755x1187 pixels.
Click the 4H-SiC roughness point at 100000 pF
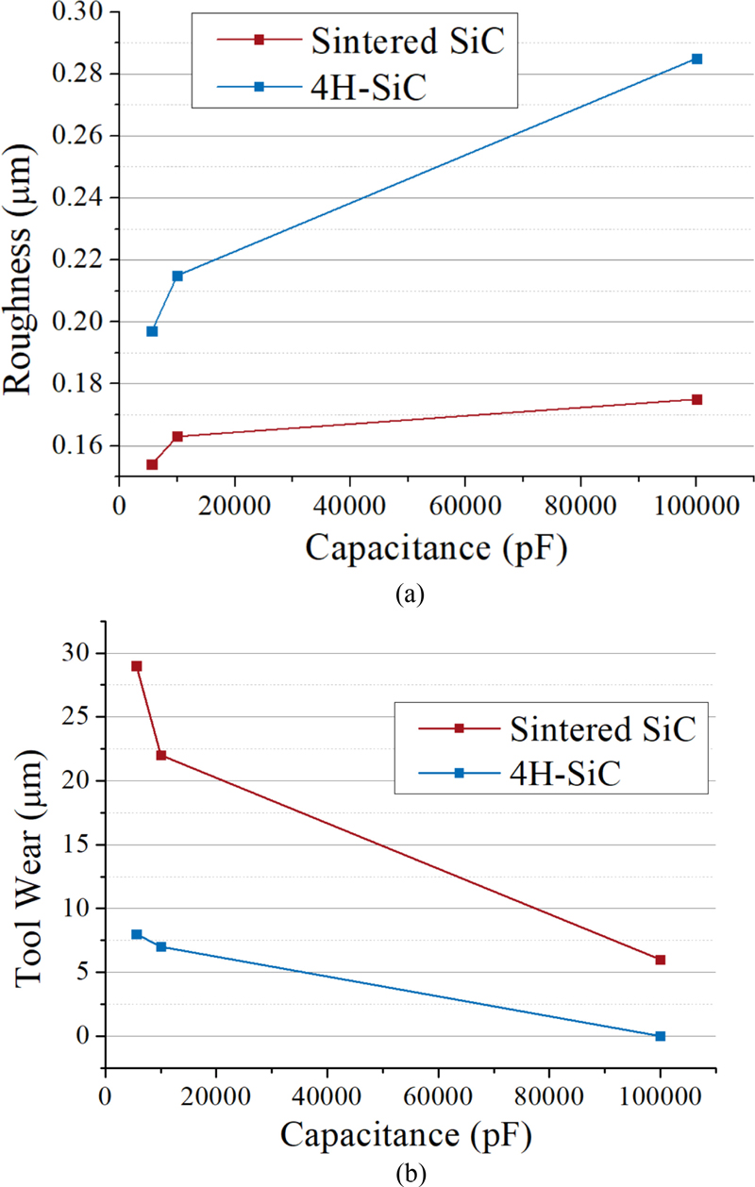(x=696, y=59)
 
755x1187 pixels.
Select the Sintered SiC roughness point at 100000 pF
(x=696, y=399)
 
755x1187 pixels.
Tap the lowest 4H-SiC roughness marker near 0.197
(x=152, y=331)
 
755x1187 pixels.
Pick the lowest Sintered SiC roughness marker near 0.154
(x=152, y=464)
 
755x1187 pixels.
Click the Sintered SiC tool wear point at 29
(x=137, y=666)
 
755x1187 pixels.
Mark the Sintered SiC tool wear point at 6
(x=661, y=960)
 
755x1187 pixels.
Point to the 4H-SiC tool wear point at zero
(x=661, y=1036)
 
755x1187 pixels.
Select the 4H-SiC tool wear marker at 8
(x=137, y=934)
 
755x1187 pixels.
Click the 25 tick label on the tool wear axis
(x=77, y=717)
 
